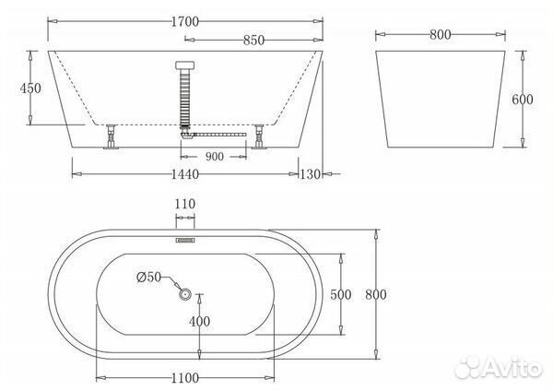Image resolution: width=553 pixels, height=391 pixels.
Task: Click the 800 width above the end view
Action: (440, 35)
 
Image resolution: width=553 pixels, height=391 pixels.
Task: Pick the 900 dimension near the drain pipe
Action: (215, 156)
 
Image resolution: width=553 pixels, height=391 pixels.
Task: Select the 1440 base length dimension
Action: (186, 173)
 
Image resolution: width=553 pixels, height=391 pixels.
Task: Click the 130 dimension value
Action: (312, 173)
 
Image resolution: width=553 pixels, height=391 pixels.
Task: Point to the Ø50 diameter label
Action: (150, 277)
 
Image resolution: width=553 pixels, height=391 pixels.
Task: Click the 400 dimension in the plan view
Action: (201, 321)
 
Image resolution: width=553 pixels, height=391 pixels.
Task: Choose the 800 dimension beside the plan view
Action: (376, 294)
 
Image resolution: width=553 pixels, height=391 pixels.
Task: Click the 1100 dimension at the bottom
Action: (186, 378)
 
